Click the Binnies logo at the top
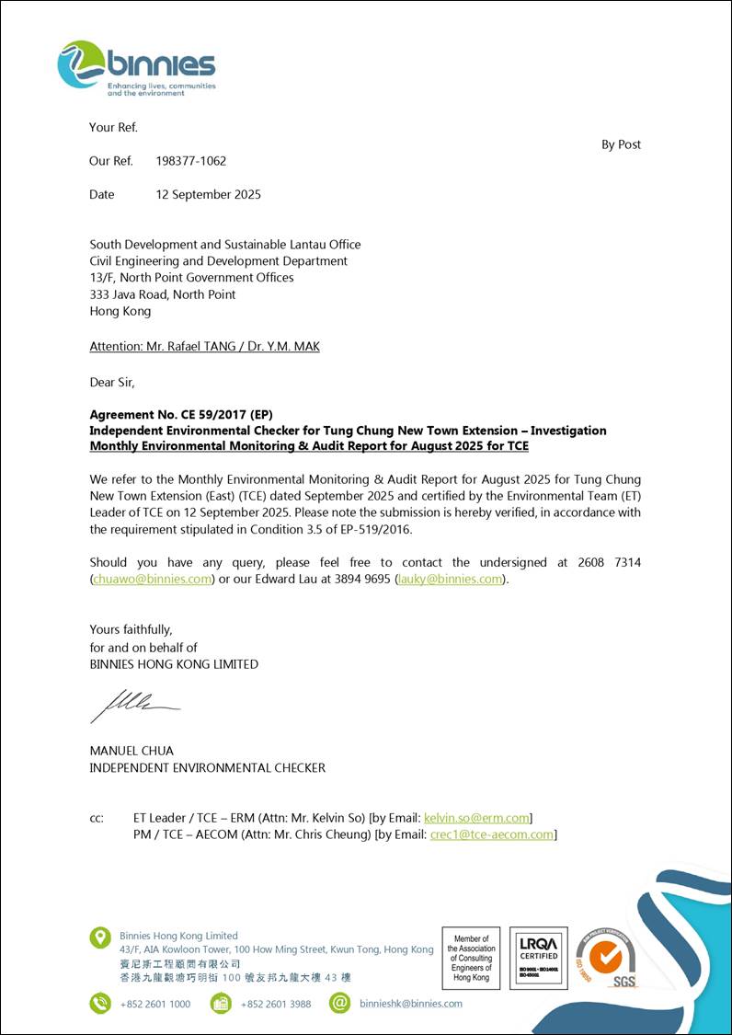tap(136, 67)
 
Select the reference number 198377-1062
tap(191, 161)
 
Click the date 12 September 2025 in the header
tap(209, 194)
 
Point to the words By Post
tap(621, 144)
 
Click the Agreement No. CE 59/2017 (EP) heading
tap(181, 414)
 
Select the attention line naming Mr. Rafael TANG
tap(204, 347)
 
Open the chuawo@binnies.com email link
tap(153, 579)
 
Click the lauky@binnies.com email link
tap(451, 579)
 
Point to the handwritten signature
tap(134, 706)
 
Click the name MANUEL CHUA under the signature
tap(132, 750)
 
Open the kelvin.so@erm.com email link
tap(476, 818)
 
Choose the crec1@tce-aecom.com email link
tap(491, 834)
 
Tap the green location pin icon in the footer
tap(100, 937)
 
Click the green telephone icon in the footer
tap(100, 1003)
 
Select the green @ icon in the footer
tap(340, 1003)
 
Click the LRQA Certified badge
tap(538, 958)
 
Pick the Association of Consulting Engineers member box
tap(471, 958)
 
